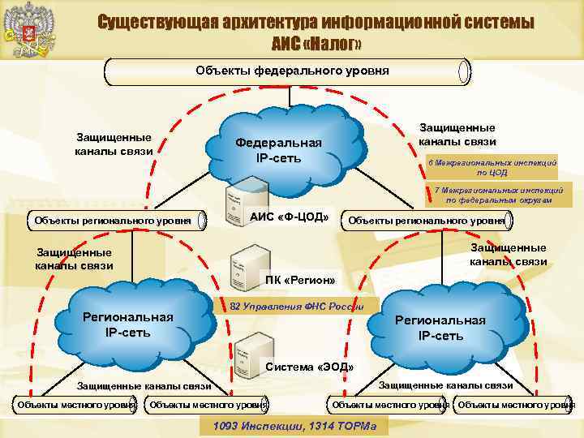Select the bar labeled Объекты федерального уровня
coord(288,71)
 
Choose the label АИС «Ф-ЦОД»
coord(289,217)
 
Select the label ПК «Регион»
coord(300,281)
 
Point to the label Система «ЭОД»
coord(310,367)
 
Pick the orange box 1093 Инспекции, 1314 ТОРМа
coord(294,426)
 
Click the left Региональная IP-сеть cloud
coord(130,324)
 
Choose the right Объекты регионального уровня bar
coord(427,220)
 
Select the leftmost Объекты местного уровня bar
coord(72,404)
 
